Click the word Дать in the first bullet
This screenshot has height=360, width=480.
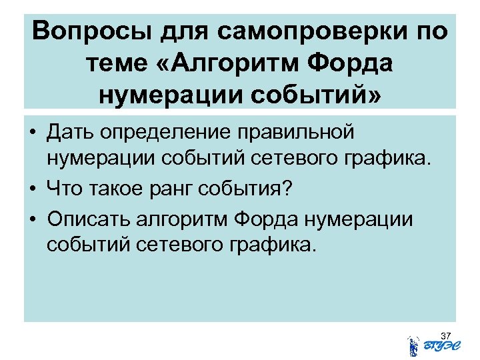70,132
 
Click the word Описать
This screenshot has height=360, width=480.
89,218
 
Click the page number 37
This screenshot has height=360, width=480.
446,334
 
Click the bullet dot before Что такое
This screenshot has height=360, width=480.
32,189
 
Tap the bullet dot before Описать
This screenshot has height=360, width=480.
32,218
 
